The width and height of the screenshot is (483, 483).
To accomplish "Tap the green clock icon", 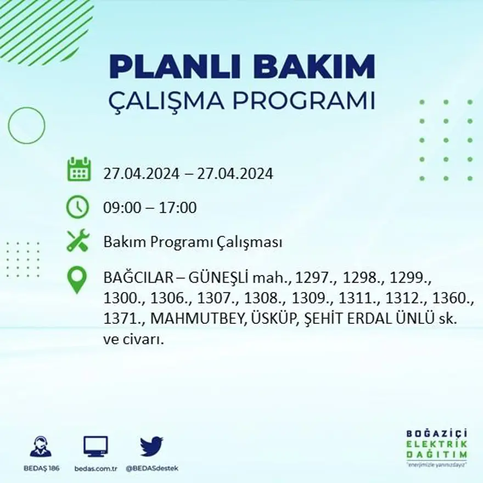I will pos(77,207).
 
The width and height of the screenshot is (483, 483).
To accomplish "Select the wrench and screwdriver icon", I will pos(77,241).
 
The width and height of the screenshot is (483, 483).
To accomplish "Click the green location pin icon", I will pos(77,279).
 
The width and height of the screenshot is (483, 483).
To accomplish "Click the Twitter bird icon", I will pos(151,446).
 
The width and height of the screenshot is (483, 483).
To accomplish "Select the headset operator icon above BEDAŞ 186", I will pos(41,447).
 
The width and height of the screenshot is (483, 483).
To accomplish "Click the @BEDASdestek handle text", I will pos(151,468).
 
